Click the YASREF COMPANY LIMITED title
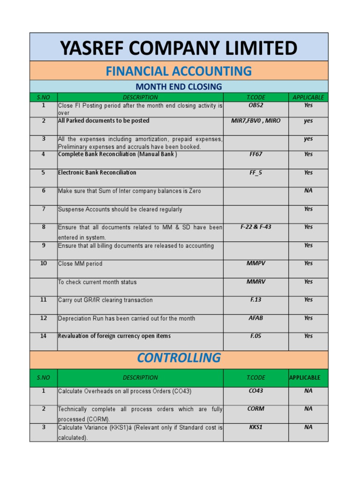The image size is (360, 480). click(x=179, y=48)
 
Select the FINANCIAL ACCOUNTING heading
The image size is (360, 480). click(x=179, y=71)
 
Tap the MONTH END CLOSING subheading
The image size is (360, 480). click(x=179, y=87)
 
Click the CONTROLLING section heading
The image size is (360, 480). click(x=179, y=358)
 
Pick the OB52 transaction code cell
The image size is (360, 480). click(x=256, y=105)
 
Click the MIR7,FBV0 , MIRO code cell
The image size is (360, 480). click(x=256, y=121)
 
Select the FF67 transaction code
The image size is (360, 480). click(x=256, y=154)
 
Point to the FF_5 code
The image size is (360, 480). click(x=256, y=172)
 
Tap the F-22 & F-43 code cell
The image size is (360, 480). click(x=256, y=227)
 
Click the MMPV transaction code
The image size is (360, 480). click(x=256, y=263)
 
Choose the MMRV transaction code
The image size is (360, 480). click(x=256, y=282)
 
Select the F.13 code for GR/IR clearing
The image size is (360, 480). click(x=256, y=300)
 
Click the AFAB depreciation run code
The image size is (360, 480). click(x=256, y=318)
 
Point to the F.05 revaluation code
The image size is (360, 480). click(x=256, y=336)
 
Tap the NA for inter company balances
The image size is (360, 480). click(x=308, y=191)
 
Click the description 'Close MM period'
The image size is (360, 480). click(x=80, y=264)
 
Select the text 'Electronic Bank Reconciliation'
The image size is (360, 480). click(x=97, y=172)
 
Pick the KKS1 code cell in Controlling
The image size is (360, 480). click(x=256, y=427)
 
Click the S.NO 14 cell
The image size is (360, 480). click(x=44, y=336)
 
